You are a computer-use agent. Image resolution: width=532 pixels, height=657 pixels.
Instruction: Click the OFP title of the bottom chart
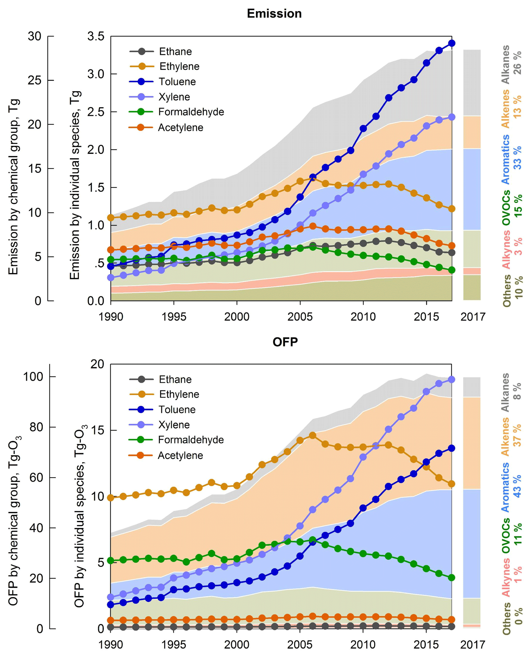(x=285, y=342)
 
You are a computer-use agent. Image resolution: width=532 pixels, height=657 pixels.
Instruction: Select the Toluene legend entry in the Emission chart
(x=177, y=82)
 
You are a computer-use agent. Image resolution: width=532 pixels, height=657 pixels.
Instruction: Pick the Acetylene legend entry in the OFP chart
(x=180, y=455)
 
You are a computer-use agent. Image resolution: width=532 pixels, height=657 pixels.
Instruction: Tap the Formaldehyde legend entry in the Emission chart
(x=191, y=112)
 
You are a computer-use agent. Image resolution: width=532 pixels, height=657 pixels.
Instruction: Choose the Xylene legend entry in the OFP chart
(x=174, y=425)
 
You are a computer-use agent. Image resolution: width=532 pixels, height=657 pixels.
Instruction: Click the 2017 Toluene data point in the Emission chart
(x=451, y=43)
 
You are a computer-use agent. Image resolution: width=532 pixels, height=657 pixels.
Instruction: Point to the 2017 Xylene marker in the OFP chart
(x=451, y=380)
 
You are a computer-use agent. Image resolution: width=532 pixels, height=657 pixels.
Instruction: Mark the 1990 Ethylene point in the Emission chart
(x=111, y=218)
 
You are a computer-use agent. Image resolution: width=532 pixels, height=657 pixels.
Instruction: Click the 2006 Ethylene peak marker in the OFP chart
(x=312, y=435)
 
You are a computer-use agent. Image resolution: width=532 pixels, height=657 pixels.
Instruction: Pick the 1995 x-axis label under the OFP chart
(x=174, y=645)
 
